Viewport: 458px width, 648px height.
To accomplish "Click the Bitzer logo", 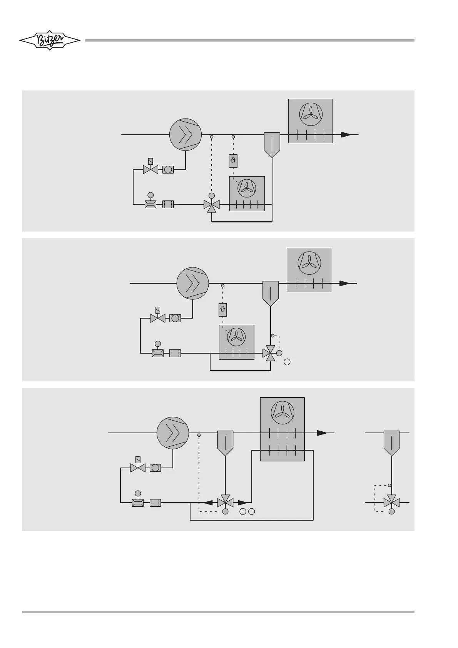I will point(50,40).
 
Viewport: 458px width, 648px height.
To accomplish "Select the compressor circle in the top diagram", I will point(186,135).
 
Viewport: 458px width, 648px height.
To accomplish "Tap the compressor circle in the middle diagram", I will point(192,283).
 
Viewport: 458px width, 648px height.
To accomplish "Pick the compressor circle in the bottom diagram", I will point(173,433).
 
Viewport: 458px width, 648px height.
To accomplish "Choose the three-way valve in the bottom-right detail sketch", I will point(391,503).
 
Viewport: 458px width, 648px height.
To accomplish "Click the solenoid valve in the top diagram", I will point(150,169).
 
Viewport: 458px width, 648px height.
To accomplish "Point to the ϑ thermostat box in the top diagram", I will point(233,161).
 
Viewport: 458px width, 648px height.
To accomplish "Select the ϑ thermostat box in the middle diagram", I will point(223,309).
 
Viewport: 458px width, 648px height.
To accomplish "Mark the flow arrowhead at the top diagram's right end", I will point(346,135).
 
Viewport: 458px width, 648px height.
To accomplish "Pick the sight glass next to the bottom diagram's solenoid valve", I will point(155,468).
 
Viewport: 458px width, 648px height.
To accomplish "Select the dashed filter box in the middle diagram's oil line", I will point(175,353).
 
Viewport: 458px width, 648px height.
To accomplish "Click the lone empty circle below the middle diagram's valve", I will point(287,362).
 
